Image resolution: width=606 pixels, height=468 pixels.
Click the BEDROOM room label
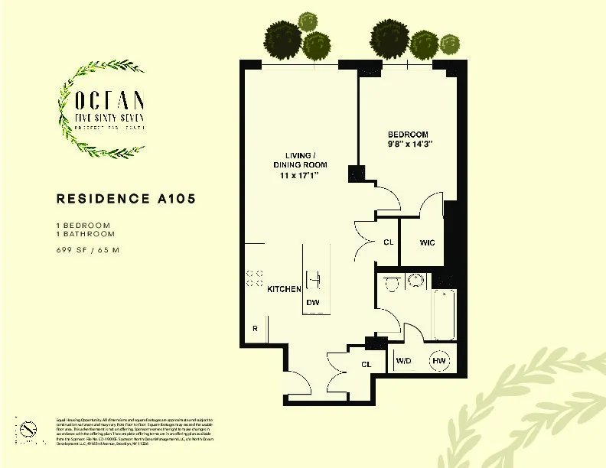[408, 134]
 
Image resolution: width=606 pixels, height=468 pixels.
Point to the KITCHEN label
[283, 290]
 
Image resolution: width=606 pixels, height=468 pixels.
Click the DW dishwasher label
[312, 303]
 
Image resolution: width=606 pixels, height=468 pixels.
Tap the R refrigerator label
[255, 329]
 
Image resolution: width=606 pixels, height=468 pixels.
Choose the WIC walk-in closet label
[427, 242]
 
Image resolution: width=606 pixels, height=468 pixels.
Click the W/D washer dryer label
[402, 361]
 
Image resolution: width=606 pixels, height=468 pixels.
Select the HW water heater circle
[439, 361]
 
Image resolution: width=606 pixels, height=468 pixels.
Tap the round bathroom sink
[416, 280]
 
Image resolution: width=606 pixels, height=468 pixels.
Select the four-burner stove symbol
[255, 278]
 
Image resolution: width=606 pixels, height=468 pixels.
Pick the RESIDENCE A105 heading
[126, 199]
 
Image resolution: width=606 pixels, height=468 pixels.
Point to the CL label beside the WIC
[388, 242]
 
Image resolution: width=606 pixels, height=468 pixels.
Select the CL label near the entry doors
[366, 365]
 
